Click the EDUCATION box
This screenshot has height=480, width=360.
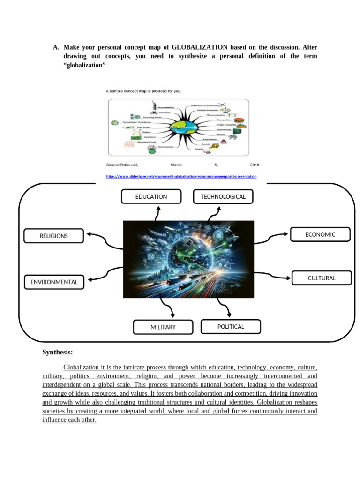coord(151,197)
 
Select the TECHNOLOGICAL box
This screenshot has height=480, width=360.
coord(223,197)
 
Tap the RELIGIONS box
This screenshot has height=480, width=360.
coord(53,236)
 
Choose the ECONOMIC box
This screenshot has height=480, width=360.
coord(320,234)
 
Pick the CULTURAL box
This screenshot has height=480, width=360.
coord(322,278)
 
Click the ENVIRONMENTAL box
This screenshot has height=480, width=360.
coord(54,282)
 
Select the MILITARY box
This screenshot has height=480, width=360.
coord(163,327)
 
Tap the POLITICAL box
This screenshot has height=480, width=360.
coord(231,327)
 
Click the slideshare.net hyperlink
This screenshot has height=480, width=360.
coord(181,177)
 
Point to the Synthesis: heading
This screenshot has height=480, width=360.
coord(58,352)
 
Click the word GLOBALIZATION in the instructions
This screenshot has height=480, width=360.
coord(200,47)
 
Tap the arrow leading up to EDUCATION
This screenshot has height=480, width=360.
coord(157,213)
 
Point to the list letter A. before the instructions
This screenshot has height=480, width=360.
coord(56,47)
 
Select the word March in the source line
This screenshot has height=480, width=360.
coord(176,165)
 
